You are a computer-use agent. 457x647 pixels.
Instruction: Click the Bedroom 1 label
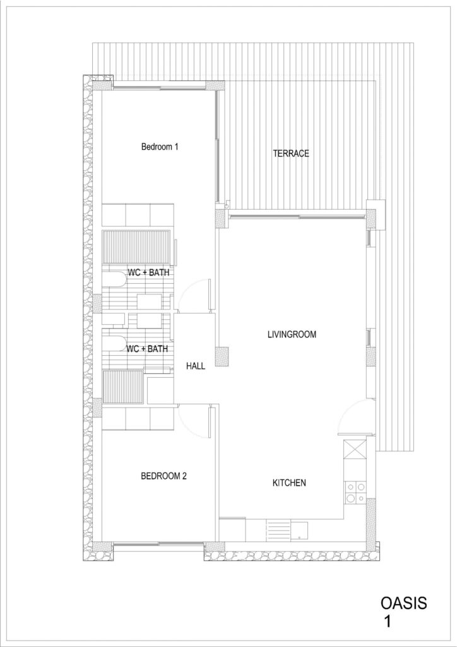(x=160, y=147)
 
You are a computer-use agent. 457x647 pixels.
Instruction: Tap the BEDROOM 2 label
(x=163, y=476)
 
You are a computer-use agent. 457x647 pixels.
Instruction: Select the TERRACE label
(x=291, y=154)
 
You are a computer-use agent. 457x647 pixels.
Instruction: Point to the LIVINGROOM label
(x=292, y=334)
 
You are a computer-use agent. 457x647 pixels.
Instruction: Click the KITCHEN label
(x=289, y=482)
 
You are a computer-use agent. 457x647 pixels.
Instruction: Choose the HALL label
(x=195, y=366)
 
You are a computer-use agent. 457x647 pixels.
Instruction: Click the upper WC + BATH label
(x=148, y=272)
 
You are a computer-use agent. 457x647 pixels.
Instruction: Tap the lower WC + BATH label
(x=147, y=349)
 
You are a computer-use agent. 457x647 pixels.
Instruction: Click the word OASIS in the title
(x=404, y=603)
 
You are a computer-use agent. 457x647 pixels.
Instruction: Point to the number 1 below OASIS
(x=387, y=622)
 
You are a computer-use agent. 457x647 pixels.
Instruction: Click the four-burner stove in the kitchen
(x=355, y=492)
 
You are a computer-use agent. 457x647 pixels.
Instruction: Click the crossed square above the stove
(x=355, y=449)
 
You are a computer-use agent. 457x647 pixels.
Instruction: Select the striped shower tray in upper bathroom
(x=136, y=247)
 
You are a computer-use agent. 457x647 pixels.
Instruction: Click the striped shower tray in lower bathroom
(x=123, y=387)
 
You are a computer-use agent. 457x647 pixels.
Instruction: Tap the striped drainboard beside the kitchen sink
(x=279, y=531)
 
